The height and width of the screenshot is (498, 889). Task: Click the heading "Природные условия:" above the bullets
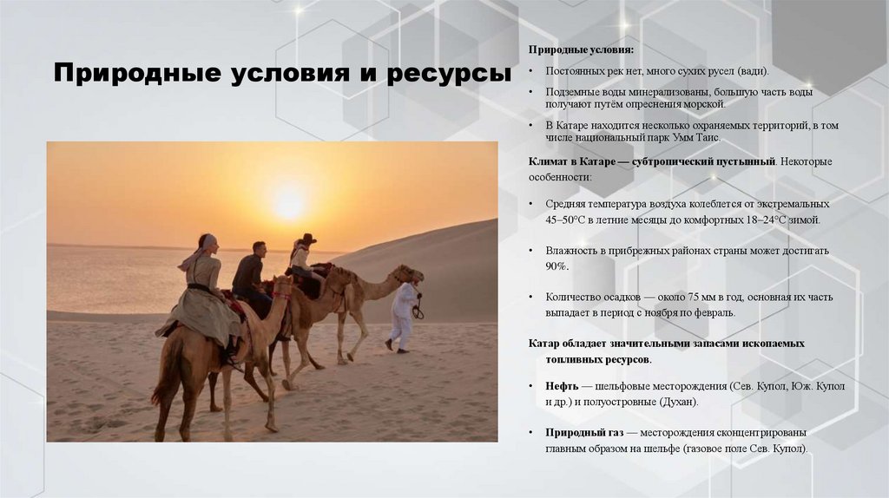581,50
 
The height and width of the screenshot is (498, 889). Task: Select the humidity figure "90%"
556,265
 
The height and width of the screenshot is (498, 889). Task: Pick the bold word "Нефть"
562,385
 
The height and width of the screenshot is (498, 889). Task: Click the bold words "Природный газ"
585,432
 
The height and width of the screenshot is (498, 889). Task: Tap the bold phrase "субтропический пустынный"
713,161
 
